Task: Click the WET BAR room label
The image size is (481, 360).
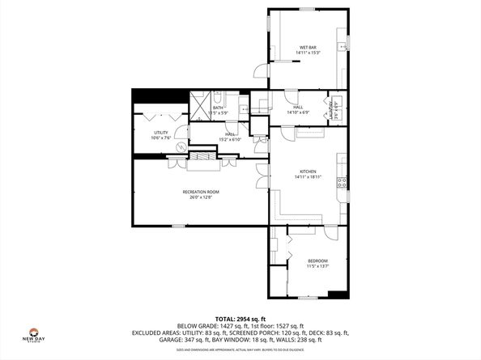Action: tap(307, 48)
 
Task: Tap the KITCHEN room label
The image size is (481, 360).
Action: tap(308, 172)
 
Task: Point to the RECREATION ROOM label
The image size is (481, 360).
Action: tap(200, 191)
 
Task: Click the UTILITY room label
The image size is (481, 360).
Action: tap(160, 133)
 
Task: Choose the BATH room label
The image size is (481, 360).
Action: tap(219, 108)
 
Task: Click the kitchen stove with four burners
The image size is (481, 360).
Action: tap(343, 183)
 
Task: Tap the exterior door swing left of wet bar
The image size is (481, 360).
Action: tap(259, 71)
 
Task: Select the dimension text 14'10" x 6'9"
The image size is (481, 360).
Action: tap(297, 112)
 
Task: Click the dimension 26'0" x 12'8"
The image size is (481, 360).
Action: tap(200, 197)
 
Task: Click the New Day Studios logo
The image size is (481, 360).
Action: tap(33, 333)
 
